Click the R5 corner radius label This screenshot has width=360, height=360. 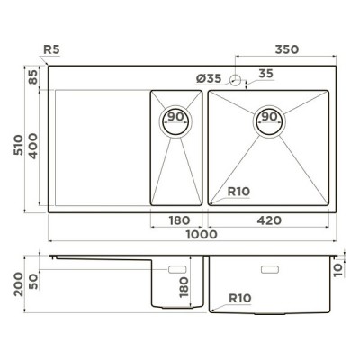51,49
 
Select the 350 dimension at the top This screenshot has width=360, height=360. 287,49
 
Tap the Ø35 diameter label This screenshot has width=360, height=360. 209,79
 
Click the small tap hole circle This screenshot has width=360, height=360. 236,80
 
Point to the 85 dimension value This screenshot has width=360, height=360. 33,77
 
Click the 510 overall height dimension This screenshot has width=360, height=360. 18,145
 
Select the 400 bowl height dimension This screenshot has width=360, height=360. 33,146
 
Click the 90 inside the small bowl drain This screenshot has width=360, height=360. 175,117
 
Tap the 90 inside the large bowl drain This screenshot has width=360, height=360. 269,117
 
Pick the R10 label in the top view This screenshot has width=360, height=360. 238,192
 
